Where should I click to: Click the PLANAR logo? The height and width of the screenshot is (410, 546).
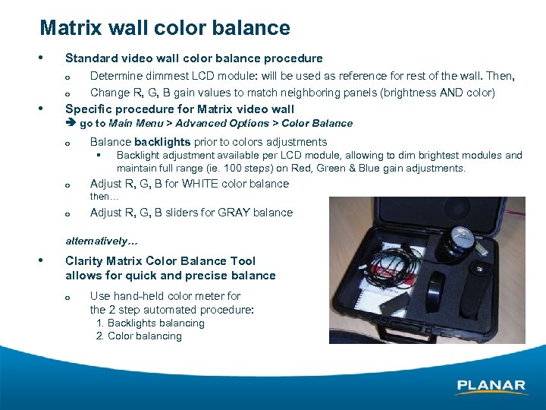point(491,386)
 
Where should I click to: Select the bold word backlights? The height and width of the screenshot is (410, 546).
point(162,142)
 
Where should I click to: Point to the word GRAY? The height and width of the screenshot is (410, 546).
point(235,213)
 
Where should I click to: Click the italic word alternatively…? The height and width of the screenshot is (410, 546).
point(102,241)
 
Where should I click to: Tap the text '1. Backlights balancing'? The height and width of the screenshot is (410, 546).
point(150,323)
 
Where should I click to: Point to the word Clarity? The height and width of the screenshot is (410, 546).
point(85,260)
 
